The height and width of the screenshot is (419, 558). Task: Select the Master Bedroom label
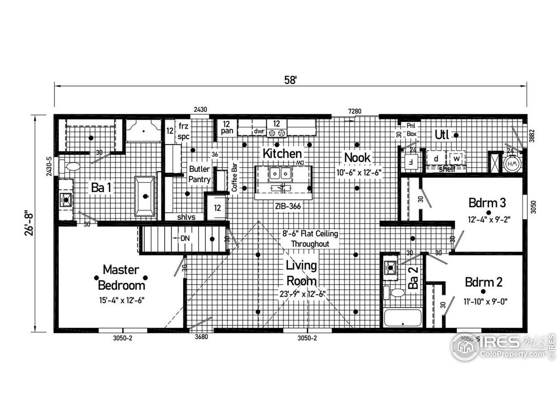(x=121, y=278)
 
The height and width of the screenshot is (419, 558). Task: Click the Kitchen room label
(x=282, y=154)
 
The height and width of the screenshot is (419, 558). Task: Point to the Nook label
(x=357, y=158)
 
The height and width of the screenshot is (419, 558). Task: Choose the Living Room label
(x=301, y=273)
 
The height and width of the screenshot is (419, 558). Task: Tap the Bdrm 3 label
(x=487, y=203)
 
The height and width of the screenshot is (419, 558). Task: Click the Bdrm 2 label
(x=483, y=282)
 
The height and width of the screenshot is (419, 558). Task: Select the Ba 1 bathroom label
(x=101, y=188)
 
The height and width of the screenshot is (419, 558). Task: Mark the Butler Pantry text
(x=199, y=174)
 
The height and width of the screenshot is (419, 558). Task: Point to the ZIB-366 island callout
(x=288, y=206)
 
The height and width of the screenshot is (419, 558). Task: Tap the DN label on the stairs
(x=185, y=238)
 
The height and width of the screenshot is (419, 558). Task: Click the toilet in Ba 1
(x=71, y=166)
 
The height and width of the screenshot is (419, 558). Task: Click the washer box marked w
(x=456, y=158)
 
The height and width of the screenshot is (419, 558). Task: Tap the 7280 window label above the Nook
(x=354, y=111)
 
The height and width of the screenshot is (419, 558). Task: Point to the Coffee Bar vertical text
(x=234, y=177)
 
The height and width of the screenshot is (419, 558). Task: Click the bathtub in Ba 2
(x=402, y=318)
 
